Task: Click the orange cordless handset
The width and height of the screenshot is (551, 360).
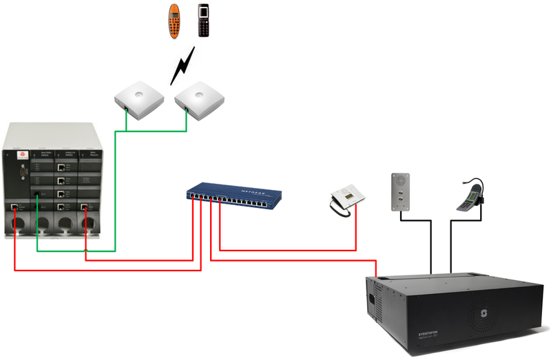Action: (175, 21)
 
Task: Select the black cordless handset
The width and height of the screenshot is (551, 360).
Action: (202, 21)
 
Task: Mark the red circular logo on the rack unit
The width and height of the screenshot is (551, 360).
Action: (21, 156)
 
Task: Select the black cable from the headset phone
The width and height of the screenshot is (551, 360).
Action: (451, 241)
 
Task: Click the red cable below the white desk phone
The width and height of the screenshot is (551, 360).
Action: (355, 231)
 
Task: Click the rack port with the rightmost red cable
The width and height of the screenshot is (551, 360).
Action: (85, 207)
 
